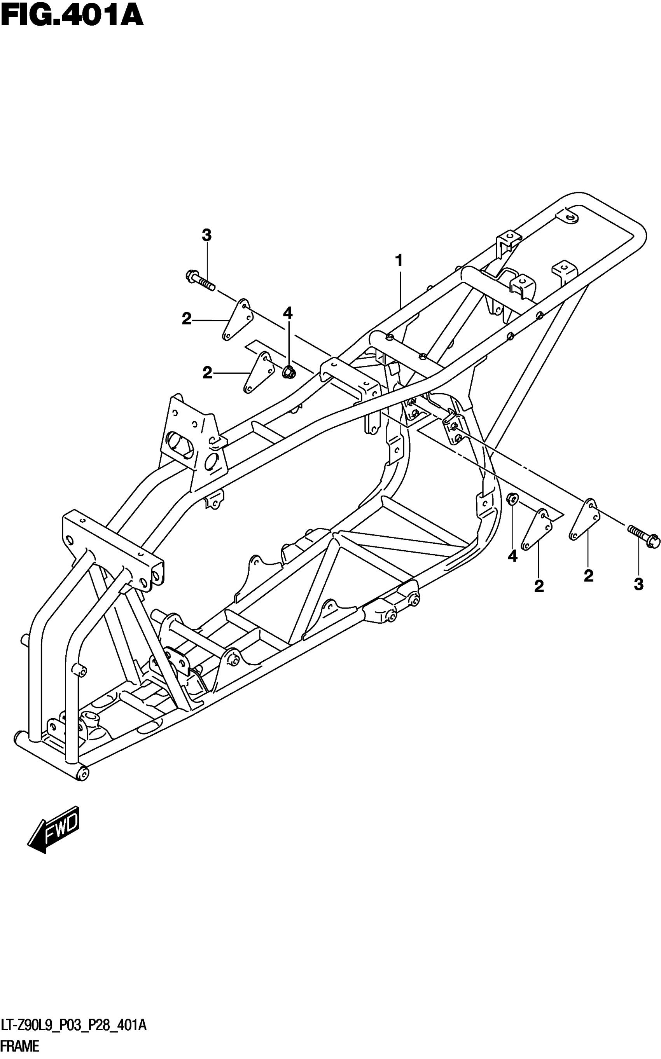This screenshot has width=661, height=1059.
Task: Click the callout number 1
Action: [398, 261]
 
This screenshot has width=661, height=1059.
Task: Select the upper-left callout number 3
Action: [206, 236]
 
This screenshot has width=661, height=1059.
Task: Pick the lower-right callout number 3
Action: [639, 584]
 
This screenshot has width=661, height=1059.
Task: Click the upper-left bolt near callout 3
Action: [199, 281]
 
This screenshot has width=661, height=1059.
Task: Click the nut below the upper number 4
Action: [288, 373]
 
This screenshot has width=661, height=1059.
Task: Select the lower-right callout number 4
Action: [512, 556]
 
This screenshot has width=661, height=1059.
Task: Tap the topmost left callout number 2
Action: [187, 320]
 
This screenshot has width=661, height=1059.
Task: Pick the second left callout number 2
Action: [207, 373]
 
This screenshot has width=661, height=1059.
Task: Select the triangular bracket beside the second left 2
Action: [258, 373]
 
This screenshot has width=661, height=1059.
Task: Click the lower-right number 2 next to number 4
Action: [539, 586]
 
